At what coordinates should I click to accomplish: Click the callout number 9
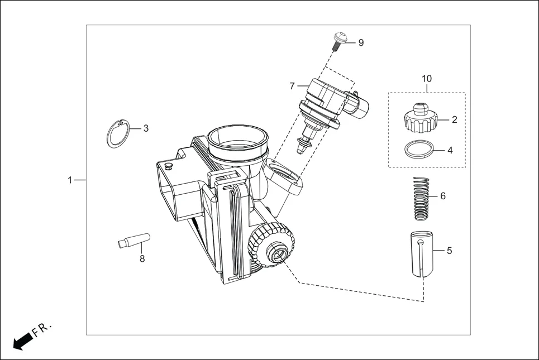361,43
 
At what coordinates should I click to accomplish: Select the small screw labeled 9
338,41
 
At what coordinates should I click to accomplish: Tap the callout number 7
292,86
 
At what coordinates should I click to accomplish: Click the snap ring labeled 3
118,134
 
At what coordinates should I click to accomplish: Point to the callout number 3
146,128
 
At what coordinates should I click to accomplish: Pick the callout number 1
70,180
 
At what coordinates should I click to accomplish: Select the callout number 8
142,259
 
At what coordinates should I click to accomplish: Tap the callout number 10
427,79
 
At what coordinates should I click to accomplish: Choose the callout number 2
454,119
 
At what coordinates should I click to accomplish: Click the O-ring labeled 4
419,150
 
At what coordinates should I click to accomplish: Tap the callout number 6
443,196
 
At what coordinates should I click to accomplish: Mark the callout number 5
449,251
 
